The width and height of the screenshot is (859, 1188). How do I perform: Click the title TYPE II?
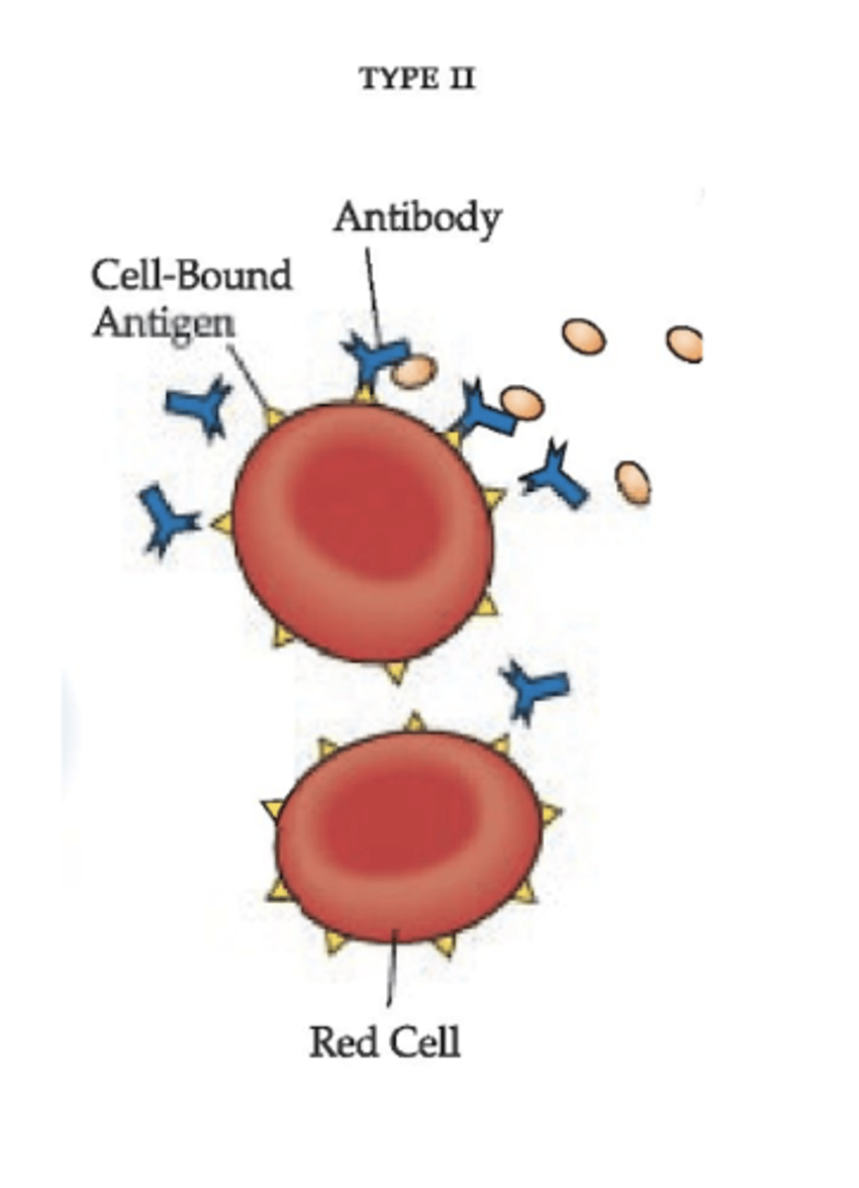(417, 80)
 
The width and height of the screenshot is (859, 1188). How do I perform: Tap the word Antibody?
(417, 219)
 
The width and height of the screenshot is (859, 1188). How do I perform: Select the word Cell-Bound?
(192, 274)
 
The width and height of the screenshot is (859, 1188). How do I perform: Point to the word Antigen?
(163, 323)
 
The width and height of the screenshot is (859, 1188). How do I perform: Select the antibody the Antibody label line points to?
(373, 359)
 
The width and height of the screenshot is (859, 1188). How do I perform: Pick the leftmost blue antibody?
(163, 518)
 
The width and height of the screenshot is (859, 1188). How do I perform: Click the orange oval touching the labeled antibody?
(414, 371)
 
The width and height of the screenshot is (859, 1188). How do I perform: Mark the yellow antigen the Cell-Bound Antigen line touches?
(275, 416)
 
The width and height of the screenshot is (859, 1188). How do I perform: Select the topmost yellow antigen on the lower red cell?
(416, 722)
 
